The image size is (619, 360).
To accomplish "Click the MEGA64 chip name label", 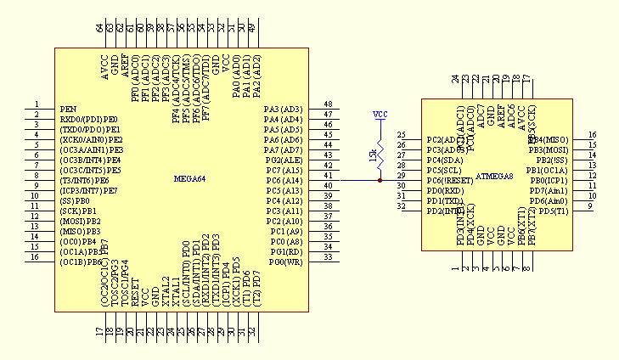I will [189, 179].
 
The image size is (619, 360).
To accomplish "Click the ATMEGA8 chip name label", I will [495, 177].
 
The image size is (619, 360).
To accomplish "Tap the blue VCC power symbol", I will [380, 115].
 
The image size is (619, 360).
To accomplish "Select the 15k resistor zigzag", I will [380, 155].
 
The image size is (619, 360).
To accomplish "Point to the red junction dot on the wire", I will [380, 181].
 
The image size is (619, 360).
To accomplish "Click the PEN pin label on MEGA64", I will [68, 110].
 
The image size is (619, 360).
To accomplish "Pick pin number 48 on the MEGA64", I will [328, 104].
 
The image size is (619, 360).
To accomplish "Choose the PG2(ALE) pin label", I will [284, 160].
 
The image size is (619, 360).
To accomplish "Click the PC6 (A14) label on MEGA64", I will [284, 181].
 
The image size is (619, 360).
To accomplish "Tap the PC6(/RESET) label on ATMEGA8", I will [448, 181].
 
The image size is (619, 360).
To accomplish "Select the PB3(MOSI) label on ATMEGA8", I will [549, 149].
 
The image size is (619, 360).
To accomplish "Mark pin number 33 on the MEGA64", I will [328, 257].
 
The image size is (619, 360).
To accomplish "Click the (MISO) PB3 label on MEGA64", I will [80, 232].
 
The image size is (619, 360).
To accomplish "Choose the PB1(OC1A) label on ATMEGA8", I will [549, 170].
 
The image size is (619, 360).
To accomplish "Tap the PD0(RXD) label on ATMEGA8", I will [445, 191].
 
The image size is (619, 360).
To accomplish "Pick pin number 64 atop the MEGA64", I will [99, 28].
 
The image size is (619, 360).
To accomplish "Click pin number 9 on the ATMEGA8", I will [589, 206].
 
